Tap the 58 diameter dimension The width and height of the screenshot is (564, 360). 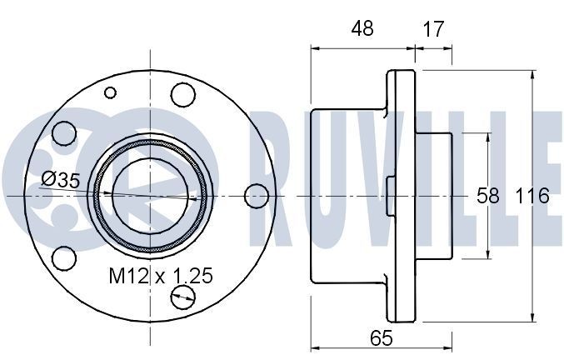tap(487, 196)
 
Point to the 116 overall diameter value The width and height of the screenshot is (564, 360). tap(532, 196)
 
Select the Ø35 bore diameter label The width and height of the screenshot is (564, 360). tap(60, 178)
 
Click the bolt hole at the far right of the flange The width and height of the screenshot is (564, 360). tap(257, 196)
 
